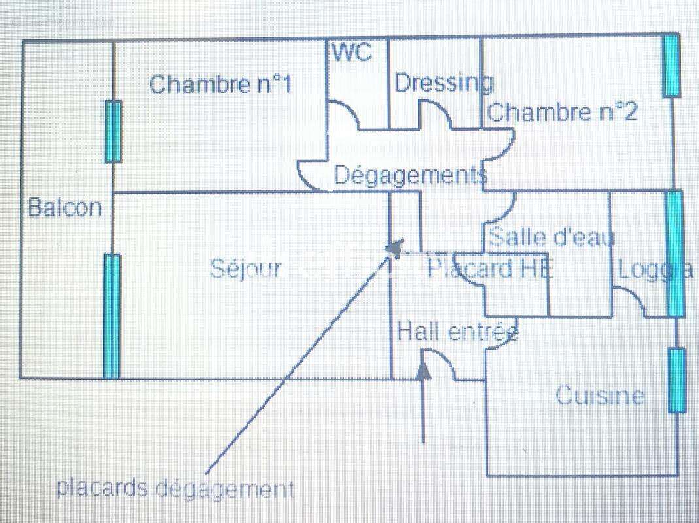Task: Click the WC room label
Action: (x=352, y=52)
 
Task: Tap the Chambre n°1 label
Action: (x=220, y=84)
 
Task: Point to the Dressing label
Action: (x=444, y=83)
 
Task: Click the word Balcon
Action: (x=65, y=208)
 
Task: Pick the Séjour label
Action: (x=246, y=268)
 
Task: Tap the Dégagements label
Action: (x=410, y=175)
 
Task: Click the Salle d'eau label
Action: (x=552, y=236)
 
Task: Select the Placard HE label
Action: (x=490, y=268)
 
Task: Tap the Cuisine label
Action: (x=600, y=396)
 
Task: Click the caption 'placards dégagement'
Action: (x=175, y=488)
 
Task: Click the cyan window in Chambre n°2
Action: (x=671, y=65)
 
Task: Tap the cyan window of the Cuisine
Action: (x=677, y=380)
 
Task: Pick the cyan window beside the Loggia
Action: (x=675, y=254)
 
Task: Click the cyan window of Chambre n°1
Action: (x=113, y=131)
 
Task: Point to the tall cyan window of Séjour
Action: (x=112, y=316)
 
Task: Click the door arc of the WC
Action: (x=343, y=114)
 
